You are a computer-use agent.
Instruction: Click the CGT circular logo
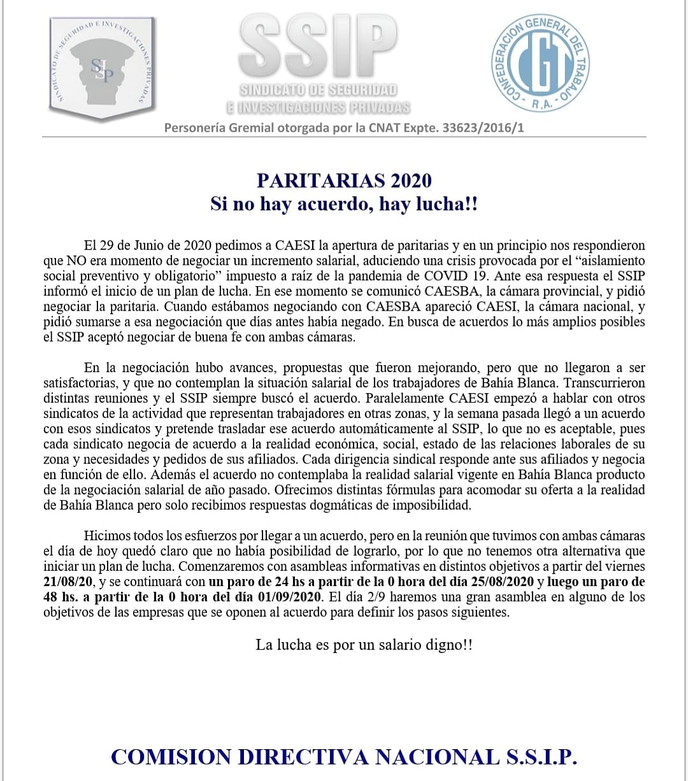point(541,63)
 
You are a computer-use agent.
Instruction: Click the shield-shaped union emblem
point(102,66)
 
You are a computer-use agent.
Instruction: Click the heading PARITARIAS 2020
point(344,180)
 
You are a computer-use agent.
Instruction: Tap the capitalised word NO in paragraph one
point(76,261)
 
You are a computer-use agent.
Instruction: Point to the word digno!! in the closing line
point(448,644)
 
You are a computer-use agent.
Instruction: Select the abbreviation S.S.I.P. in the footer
point(541,757)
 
